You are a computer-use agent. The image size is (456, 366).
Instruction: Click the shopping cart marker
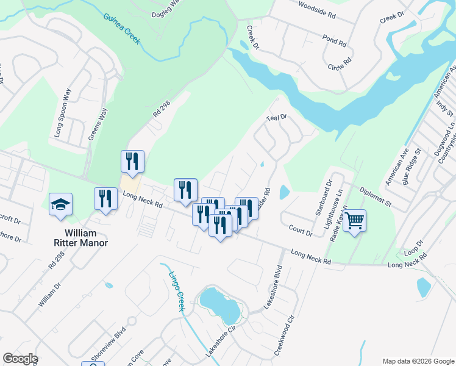click(x=354, y=220)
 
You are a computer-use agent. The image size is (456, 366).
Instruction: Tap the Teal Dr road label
click(x=276, y=118)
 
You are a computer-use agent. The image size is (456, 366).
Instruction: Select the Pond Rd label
click(x=335, y=41)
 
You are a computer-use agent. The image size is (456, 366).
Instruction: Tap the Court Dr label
click(x=301, y=230)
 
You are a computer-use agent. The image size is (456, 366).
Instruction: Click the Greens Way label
click(x=98, y=124)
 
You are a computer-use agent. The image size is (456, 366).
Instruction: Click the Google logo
click(x=20, y=359)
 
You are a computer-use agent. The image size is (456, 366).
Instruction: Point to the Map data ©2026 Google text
click(x=418, y=361)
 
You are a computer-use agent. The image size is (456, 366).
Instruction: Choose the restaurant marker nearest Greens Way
click(x=132, y=162)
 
